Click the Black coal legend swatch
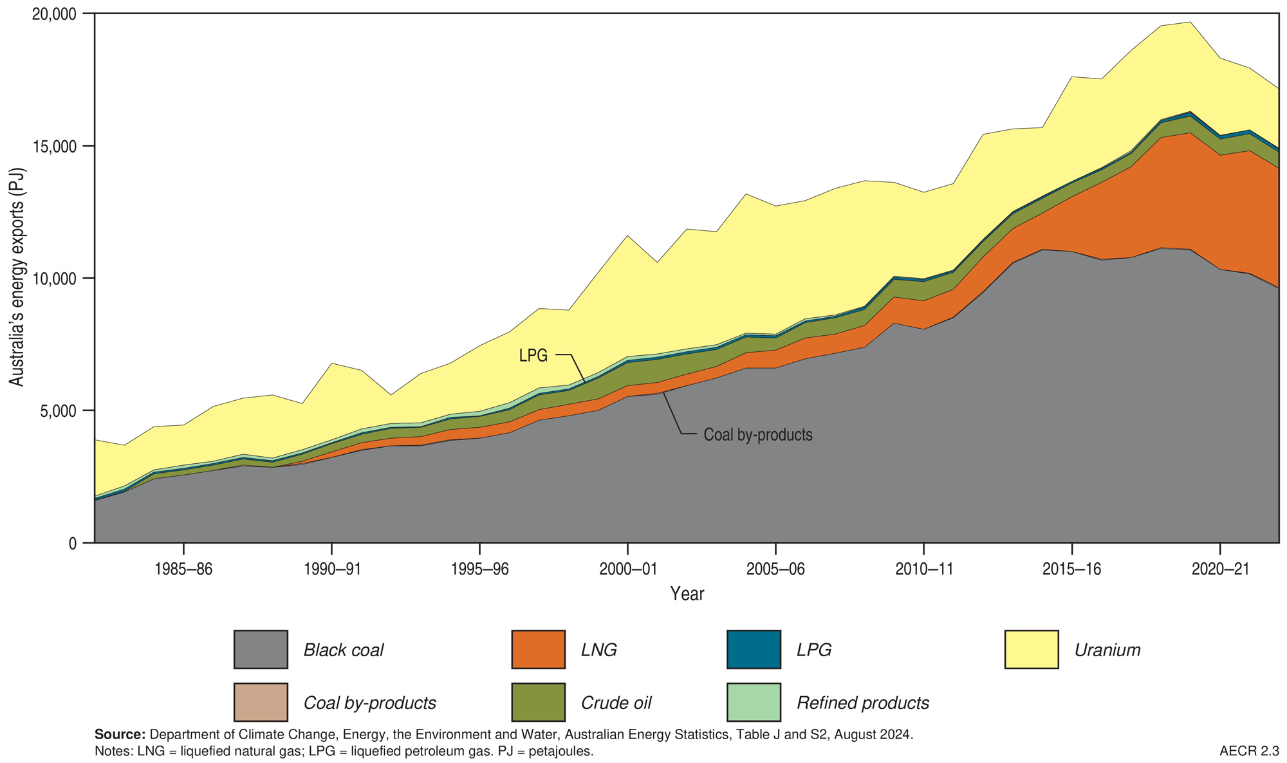tap(261, 649)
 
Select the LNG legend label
tap(598, 650)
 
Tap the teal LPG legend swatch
tap(754, 649)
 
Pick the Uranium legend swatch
tap(1031, 649)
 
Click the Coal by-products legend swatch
tap(261, 702)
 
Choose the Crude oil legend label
tap(616, 703)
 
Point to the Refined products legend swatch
tap(754, 702)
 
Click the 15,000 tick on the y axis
tap(53, 146)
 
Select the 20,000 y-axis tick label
tap(53, 14)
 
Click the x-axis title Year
tap(687, 594)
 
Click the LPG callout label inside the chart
tap(533, 355)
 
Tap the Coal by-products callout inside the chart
tap(757, 435)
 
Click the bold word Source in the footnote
tap(120, 735)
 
